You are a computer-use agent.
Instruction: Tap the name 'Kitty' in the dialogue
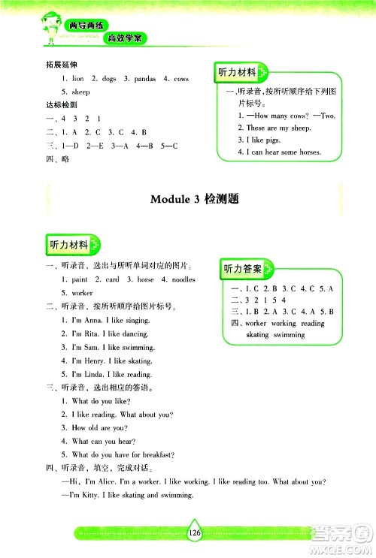coord(75,495)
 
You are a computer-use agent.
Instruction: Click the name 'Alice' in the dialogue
coord(87,481)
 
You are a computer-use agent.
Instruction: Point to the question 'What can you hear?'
coord(103,441)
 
